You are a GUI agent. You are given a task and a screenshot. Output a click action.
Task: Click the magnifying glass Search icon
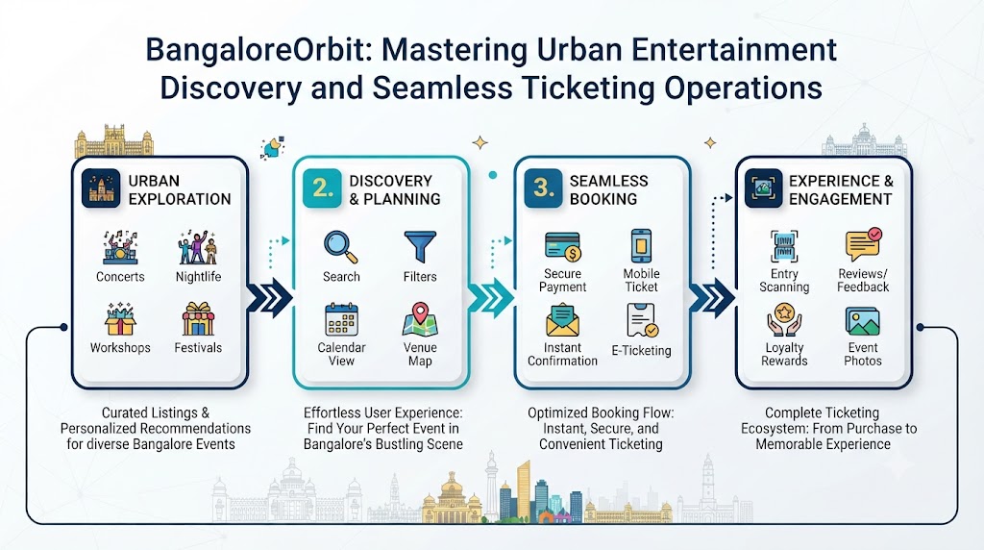[x=341, y=247]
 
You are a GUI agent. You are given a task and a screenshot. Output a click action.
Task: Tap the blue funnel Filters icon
[x=420, y=247]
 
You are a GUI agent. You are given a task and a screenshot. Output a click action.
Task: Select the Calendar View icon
[x=341, y=319]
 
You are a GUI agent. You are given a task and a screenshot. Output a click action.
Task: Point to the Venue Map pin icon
[x=420, y=319]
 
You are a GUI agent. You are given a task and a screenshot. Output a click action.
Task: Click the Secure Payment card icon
[x=563, y=246]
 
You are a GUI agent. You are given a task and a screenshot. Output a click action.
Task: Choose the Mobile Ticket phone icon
[x=641, y=245]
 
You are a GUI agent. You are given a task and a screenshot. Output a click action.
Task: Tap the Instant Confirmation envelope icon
[x=562, y=320]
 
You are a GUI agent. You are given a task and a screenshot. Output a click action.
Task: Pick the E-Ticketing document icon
[x=642, y=321]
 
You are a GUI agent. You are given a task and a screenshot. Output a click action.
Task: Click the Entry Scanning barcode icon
[x=784, y=246]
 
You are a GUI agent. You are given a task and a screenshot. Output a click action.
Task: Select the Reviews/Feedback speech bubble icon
[x=864, y=245]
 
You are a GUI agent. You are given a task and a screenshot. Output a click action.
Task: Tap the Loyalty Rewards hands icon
[x=784, y=320]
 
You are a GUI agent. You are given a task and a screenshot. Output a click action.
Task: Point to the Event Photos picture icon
[x=862, y=321]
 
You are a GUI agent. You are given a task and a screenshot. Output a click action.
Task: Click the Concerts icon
[x=120, y=247]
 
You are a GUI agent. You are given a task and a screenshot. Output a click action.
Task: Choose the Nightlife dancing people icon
[x=198, y=247]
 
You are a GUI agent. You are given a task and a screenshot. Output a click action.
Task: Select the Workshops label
[x=120, y=348]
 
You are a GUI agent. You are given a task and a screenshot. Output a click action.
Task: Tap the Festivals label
[x=198, y=348]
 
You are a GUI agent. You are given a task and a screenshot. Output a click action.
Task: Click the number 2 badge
[x=322, y=187]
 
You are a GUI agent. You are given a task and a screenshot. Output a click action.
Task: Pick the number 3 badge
[x=543, y=187]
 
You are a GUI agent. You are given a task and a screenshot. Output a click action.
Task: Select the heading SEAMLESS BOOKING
[x=608, y=189]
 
